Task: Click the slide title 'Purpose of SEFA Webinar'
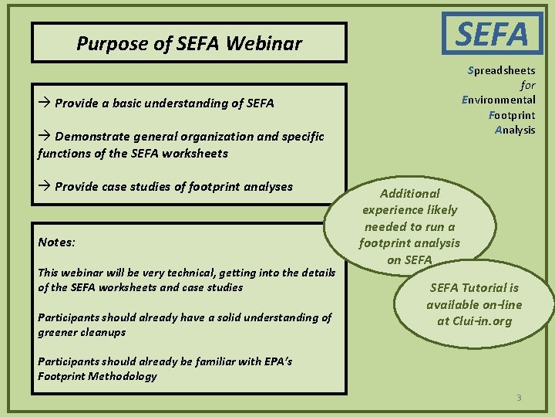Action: pyautogui.click(x=189, y=43)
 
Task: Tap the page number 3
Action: pyautogui.click(x=519, y=398)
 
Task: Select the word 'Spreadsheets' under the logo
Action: pyautogui.click(x=502, y=70)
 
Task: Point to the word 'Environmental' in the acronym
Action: pyautogui.click(x=499, y=100)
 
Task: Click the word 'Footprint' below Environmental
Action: pyautogui.click(x=512, y=115)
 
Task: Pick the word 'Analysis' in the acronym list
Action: pyautogui.click(x=514, y=130)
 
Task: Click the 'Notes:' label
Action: pyautogui.click(x=56, y=242)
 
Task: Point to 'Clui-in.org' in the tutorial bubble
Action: pyautogui.click(x=474, y=320)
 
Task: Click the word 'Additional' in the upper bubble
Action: pyautogui.click(x=409, y=194)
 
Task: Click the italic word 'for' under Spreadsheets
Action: pyautogui.click(x=527, y=85)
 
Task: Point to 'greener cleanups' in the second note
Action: pyautogui.click(x=82, y=332)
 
